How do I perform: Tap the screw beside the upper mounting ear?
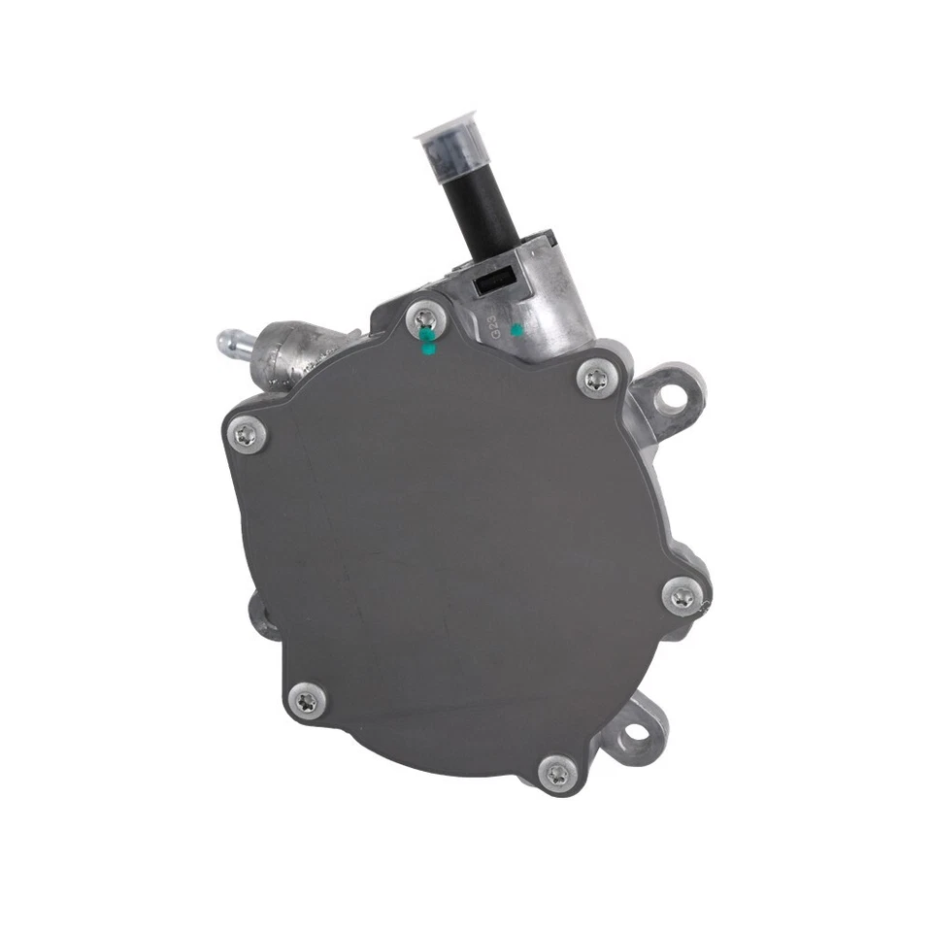click(594, 379)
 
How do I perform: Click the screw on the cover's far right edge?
click(682, 595)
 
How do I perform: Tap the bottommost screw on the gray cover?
click(557, 773)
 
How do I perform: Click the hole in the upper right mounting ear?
click(669, 396)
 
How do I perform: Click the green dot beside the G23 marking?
click(517, 331)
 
